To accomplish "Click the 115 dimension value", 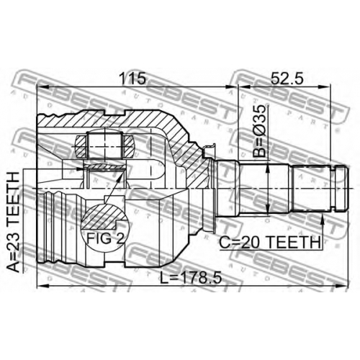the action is click(132, 78).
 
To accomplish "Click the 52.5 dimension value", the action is click(287, 78).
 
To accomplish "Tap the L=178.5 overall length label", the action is click(191, 278).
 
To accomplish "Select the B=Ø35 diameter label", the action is click(259, 131).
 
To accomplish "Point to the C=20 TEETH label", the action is click(270, 242).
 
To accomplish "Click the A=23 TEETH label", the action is click(13, 222).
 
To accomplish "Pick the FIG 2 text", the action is click(106, 238).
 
